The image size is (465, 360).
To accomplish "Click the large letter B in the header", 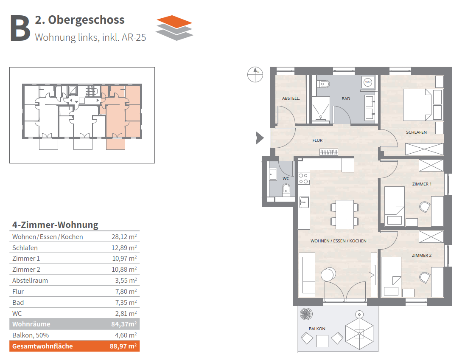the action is pos(20,28).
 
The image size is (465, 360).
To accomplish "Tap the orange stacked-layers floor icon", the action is pos(175,28).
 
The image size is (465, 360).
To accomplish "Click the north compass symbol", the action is pos(255,74).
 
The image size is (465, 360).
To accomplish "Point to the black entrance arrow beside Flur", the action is pos(260,138).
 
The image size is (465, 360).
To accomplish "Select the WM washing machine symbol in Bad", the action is pos(368,82).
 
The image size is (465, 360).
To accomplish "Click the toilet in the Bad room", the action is pos(323,84).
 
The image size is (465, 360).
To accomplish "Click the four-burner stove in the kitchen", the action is pos(303,178).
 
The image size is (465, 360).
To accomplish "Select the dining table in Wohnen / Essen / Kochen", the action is pos(345,214).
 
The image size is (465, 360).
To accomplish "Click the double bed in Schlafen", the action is pos(417,105).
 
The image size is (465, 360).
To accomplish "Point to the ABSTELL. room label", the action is pos(291,98).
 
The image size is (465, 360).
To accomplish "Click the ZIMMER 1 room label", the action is pos(422,184).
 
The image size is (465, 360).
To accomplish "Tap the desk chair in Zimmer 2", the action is pos(425,278).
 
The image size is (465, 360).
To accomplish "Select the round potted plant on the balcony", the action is pos(306,314).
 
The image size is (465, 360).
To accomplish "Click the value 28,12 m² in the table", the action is pos(124,236).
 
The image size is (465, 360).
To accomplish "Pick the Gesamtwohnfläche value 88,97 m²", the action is pos(123,346).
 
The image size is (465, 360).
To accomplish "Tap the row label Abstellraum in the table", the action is pos(30,281).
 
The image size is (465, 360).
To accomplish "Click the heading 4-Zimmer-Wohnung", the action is pos(55,225).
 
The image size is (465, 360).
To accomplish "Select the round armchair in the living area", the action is pos(328,274).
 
